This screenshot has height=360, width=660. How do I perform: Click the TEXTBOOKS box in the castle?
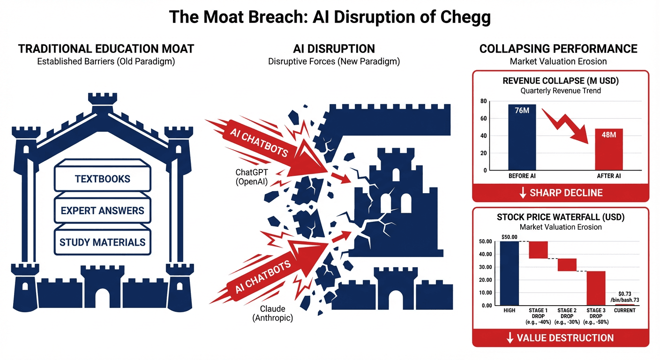[x=102, y=179]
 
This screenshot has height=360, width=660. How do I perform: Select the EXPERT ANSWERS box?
[x=102, y=210]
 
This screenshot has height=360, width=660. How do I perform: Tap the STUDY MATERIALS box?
[x=102, y=242]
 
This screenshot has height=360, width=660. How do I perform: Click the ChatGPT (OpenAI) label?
[x=251, y=178]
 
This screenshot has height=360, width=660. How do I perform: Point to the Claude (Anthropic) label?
[x=272, y=314]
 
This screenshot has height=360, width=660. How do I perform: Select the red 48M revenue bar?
[x=609, y=149]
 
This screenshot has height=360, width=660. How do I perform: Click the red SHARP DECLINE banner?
[x=560, y=193]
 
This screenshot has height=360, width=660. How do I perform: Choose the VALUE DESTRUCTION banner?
[x=560, y=338]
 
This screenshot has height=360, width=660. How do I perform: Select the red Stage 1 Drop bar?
[x=538, y=250]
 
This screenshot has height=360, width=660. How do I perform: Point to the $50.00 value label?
[x=509, y=237]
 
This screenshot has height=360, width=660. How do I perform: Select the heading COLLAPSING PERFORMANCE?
[x=558, y=49]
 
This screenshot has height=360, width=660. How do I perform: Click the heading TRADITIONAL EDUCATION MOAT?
[x=106, y=49]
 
